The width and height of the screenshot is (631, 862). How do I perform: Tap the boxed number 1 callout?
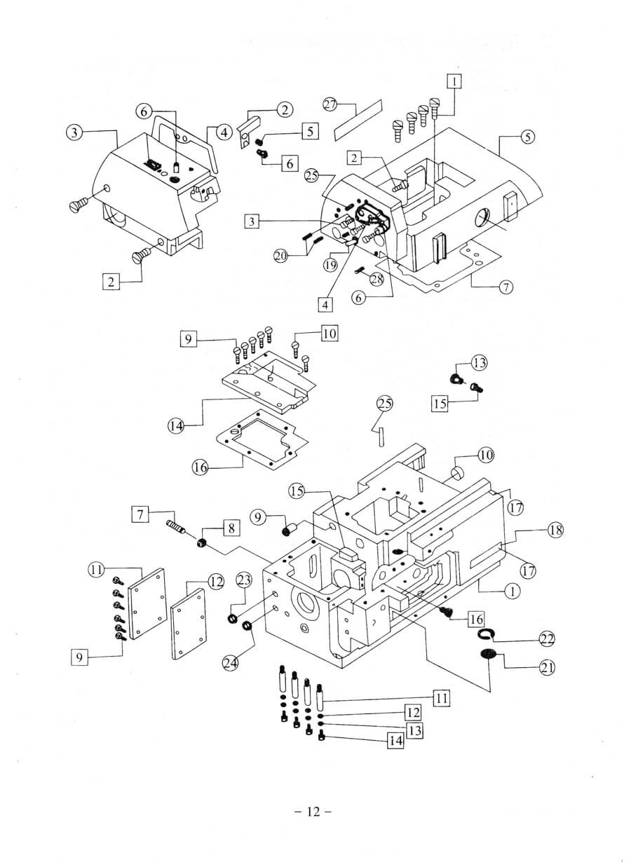[x=455, y=81]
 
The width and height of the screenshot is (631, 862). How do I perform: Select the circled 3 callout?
[x=75, y=131]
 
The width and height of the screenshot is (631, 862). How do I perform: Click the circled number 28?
[x=377, y=280]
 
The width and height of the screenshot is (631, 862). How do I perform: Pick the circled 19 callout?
[x=331, y=264]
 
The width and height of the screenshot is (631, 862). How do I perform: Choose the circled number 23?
[x=243, y=580]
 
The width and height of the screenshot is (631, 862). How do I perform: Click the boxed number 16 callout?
[x=476, y=619]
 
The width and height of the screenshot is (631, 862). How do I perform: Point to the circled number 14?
[x=177, y=425]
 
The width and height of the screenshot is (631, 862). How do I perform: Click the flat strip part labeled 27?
[x=358, y=119]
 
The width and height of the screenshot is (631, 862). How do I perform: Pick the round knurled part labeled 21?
[x=488, y=655]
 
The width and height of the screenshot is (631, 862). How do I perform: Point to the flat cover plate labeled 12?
[x=188, y=620]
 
